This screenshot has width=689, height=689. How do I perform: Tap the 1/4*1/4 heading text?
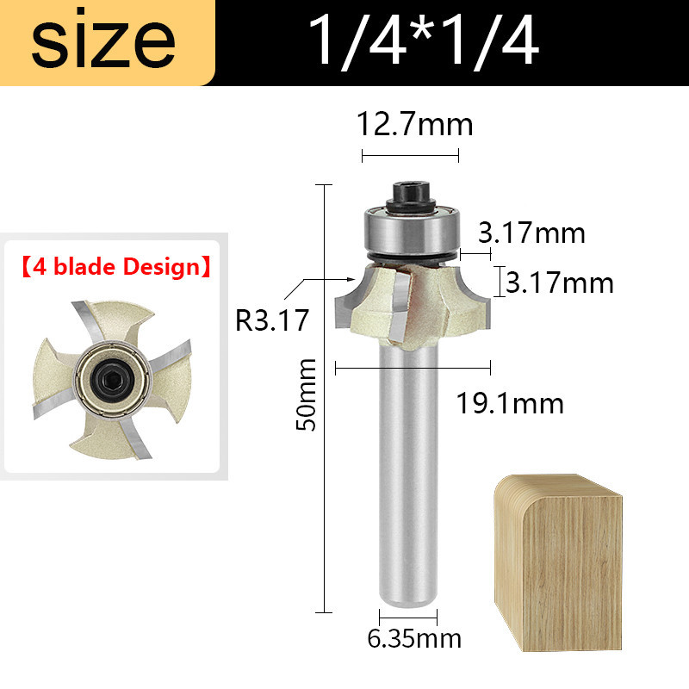coord(424,41)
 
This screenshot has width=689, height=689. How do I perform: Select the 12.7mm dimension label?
coord(414,124)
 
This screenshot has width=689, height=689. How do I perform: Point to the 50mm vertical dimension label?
coord(306,394)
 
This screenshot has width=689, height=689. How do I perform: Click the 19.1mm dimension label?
coord(510,403)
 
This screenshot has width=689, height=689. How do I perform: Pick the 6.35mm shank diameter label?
coord(414,638)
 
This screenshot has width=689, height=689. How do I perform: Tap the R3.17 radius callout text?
coord(272,320)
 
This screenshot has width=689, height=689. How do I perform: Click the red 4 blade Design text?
coord(116,267)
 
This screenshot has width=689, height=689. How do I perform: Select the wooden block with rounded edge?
coord(558,562)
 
